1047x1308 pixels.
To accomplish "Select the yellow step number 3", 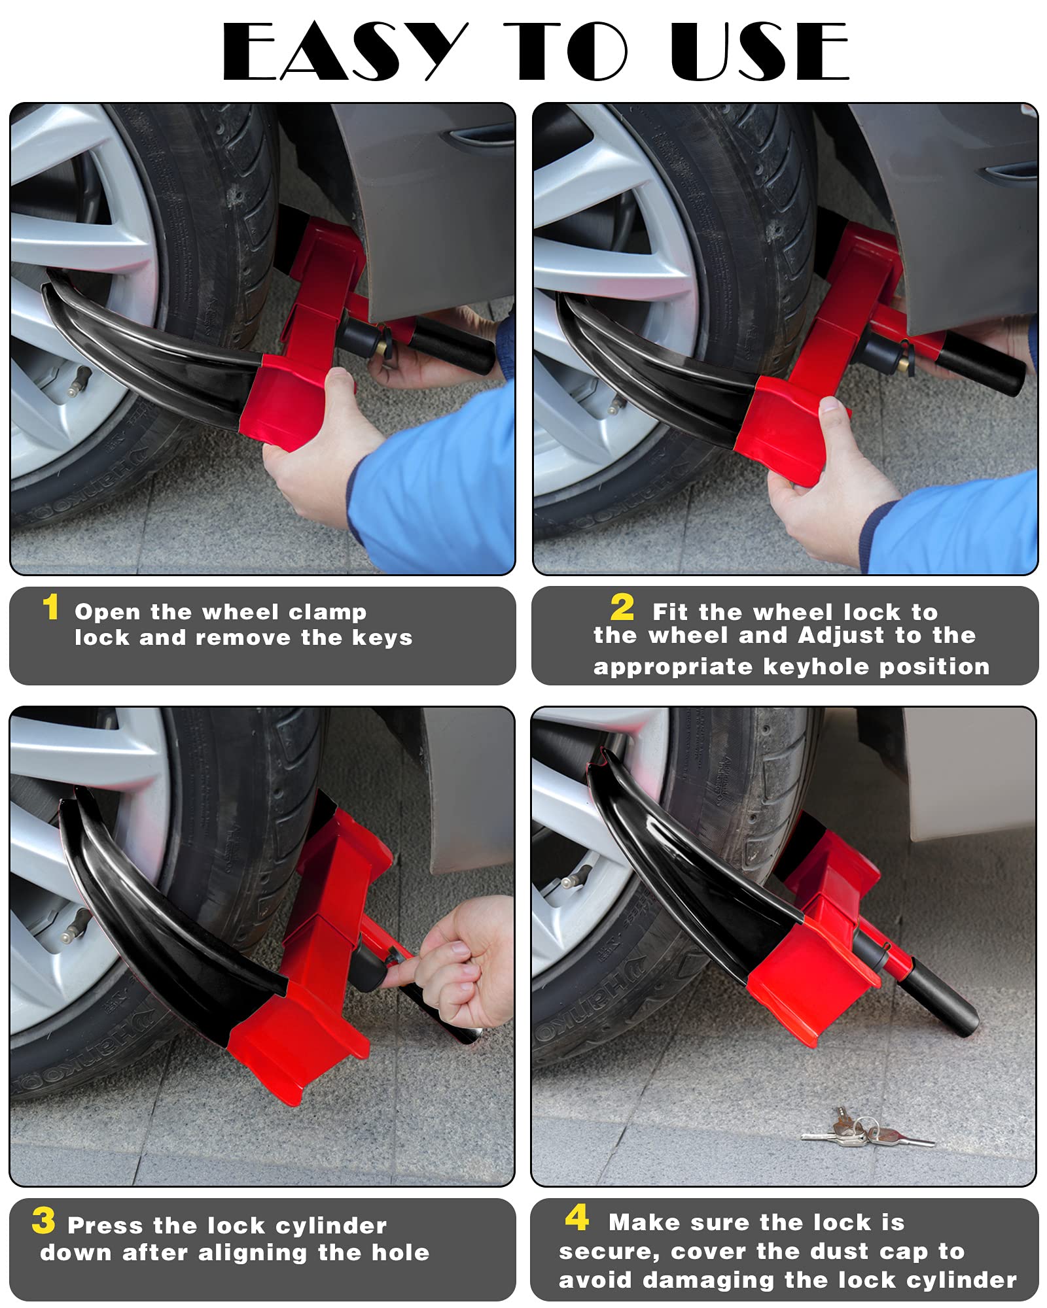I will pyautogui.click(x=43, y=1220).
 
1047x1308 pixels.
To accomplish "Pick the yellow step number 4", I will pyautogui.click(x=577, y=1218).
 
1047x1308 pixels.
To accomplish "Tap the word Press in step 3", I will pyautogui.click(x=105, y=1226).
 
